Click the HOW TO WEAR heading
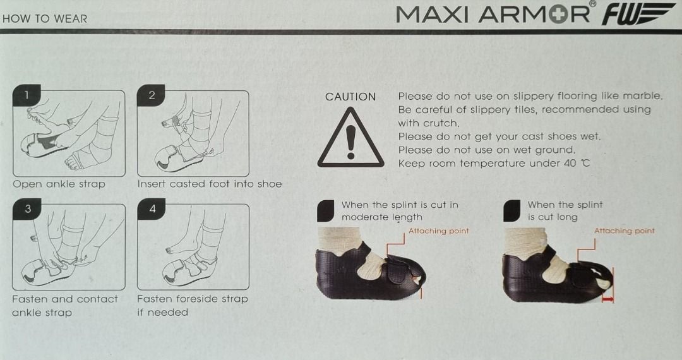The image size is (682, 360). pyautogui.click(x=45, y=18)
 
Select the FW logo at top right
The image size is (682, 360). pyautogui.click(x=638, y=14)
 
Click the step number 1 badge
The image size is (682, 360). pyautogui.click(x=26, y=96)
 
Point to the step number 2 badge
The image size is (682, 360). pyautogui.click(x=151, y=96)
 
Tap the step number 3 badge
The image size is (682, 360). pyautogui.click(x=26, y=210)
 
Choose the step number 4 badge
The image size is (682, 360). pyautogui.click(x=151, y=210)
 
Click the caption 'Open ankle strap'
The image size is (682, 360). pyautogui.click(x=59, y=184)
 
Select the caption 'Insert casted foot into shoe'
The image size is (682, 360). pyautogui.click(x=209, y=184)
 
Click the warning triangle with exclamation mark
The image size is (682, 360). pyautogui.click(x=350, y=138)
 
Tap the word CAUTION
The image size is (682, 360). pyautogui.click(x=350, y=97)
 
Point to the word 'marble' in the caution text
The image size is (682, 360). pyautogui.click(x=642, y=96)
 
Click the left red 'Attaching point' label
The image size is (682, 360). pyautogui.click(x=438, y=231)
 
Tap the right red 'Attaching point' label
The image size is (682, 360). pyautogui.click(x=624, y=231)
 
